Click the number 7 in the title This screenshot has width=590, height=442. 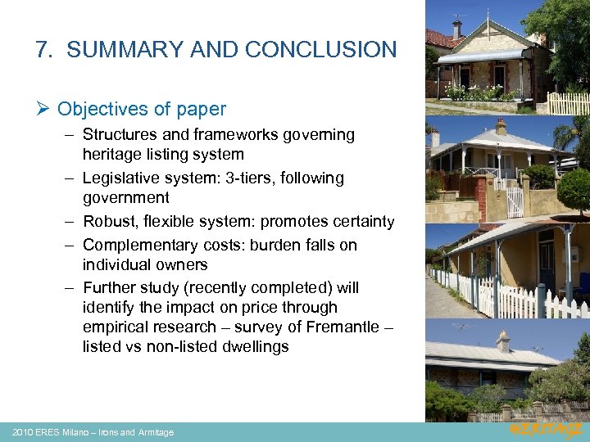[x=43, y=50]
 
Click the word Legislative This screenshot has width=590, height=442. [x=123, y=178]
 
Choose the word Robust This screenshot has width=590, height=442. [x=109, y=222]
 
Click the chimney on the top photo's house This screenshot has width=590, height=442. [x=456, y=29]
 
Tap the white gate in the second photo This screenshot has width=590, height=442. [x=515, y=201]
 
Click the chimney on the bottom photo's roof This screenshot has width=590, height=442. [x=503, y=341]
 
